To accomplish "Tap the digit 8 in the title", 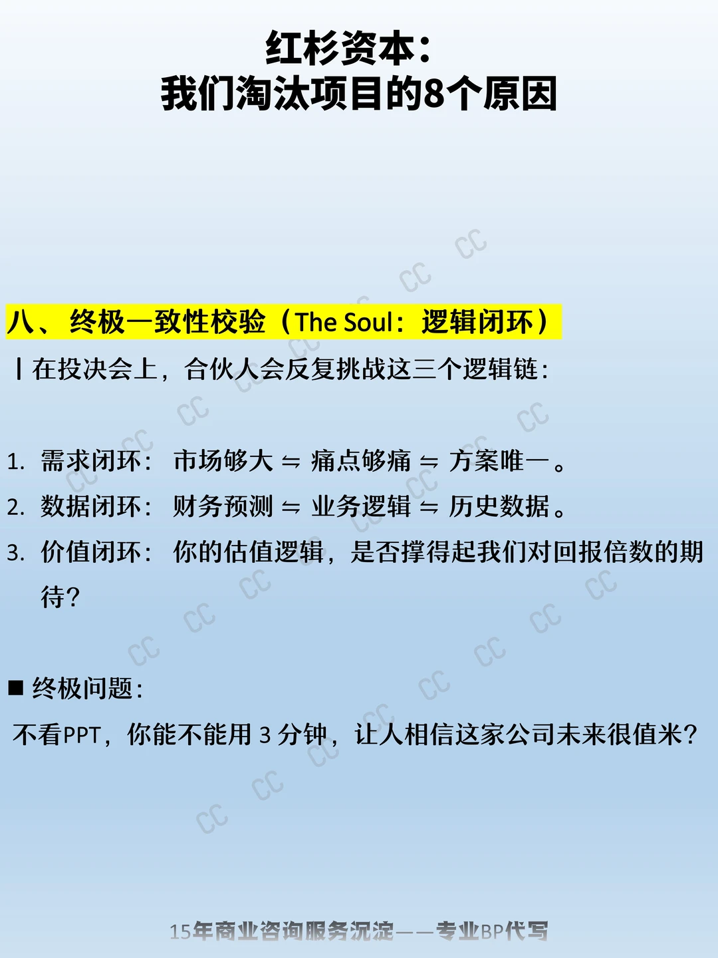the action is coord(433,94).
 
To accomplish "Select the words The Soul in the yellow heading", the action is coord(344,321).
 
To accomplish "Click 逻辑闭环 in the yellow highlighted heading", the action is coord(477,321).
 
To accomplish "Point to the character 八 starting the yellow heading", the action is coord(21,321).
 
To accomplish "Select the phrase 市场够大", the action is coord(223,461).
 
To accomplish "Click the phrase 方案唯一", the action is coord(499,461).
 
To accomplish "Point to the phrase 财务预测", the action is coord(223,506).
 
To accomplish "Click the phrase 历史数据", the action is coord(499,506).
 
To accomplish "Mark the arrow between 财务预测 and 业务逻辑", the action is coord(291,508).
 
